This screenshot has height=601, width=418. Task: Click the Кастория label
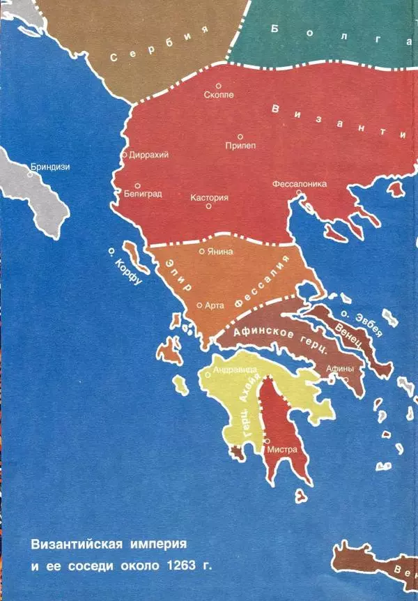(x=209, y=197)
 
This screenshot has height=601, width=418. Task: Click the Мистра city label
(x=283, y=450)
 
